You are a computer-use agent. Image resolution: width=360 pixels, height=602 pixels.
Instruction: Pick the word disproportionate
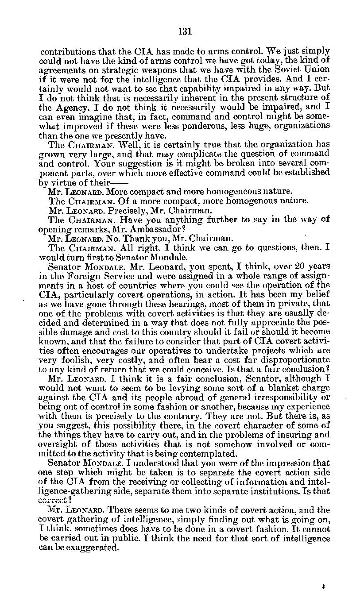[x=292, y=359]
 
